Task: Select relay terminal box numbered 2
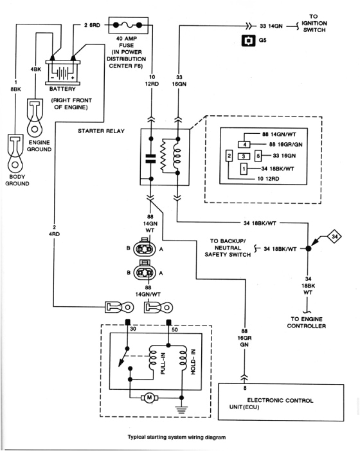point(229,156)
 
